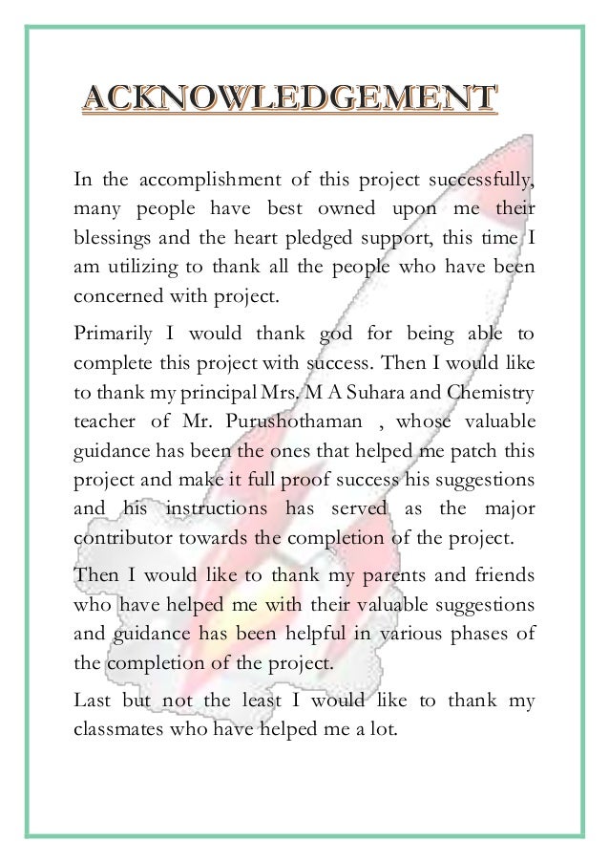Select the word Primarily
click(x=114, y=334)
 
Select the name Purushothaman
click(x=307, y=421)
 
